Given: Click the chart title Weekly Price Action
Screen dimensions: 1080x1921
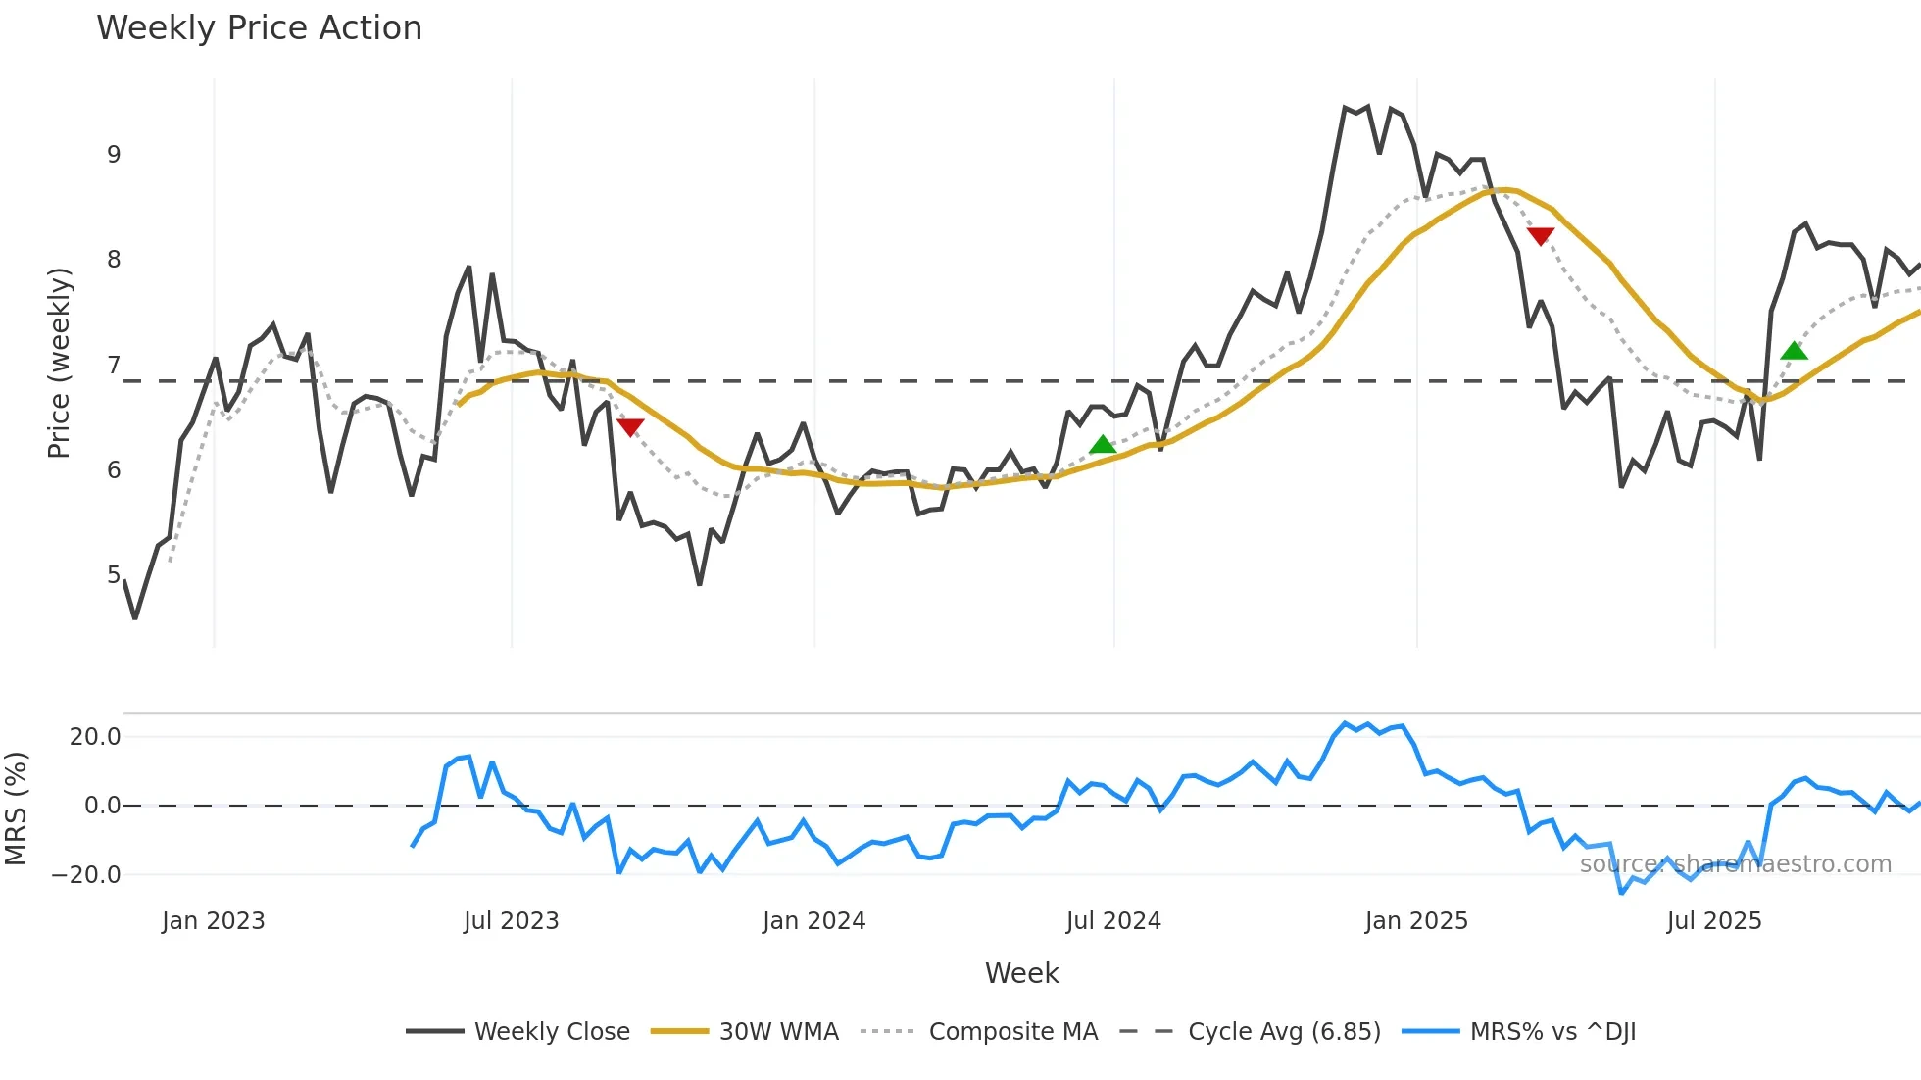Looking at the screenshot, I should (x=259, y=28).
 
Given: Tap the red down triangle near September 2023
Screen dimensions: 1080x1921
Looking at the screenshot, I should (x=630, y=427).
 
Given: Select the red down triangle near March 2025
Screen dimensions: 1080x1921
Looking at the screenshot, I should (x=1541, y=236).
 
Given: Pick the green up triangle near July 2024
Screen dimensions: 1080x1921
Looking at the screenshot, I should (x=1103, y=445).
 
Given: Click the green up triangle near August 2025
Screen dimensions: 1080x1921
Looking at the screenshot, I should (x=1794, y=351).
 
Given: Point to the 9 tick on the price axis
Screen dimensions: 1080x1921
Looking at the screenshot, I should (x=114, y=155).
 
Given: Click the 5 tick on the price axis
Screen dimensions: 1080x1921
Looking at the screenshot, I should (x=114, y=575).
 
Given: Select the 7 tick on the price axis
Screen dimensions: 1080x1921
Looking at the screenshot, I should (x=114, y=366).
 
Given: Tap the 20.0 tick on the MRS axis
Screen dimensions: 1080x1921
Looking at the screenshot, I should (x=95, y=737).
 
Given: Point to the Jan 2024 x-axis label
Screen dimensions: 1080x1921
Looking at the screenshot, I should (x=813, y=921).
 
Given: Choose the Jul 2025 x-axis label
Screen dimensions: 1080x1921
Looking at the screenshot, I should (x=1713, y=921).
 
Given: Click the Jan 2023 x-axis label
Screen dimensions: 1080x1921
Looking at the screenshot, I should (x=213, y=921).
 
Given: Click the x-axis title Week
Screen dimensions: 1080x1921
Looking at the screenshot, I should (x=1021, y=973).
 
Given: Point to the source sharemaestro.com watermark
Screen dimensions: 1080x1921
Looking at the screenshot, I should (x=1735, y=864).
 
